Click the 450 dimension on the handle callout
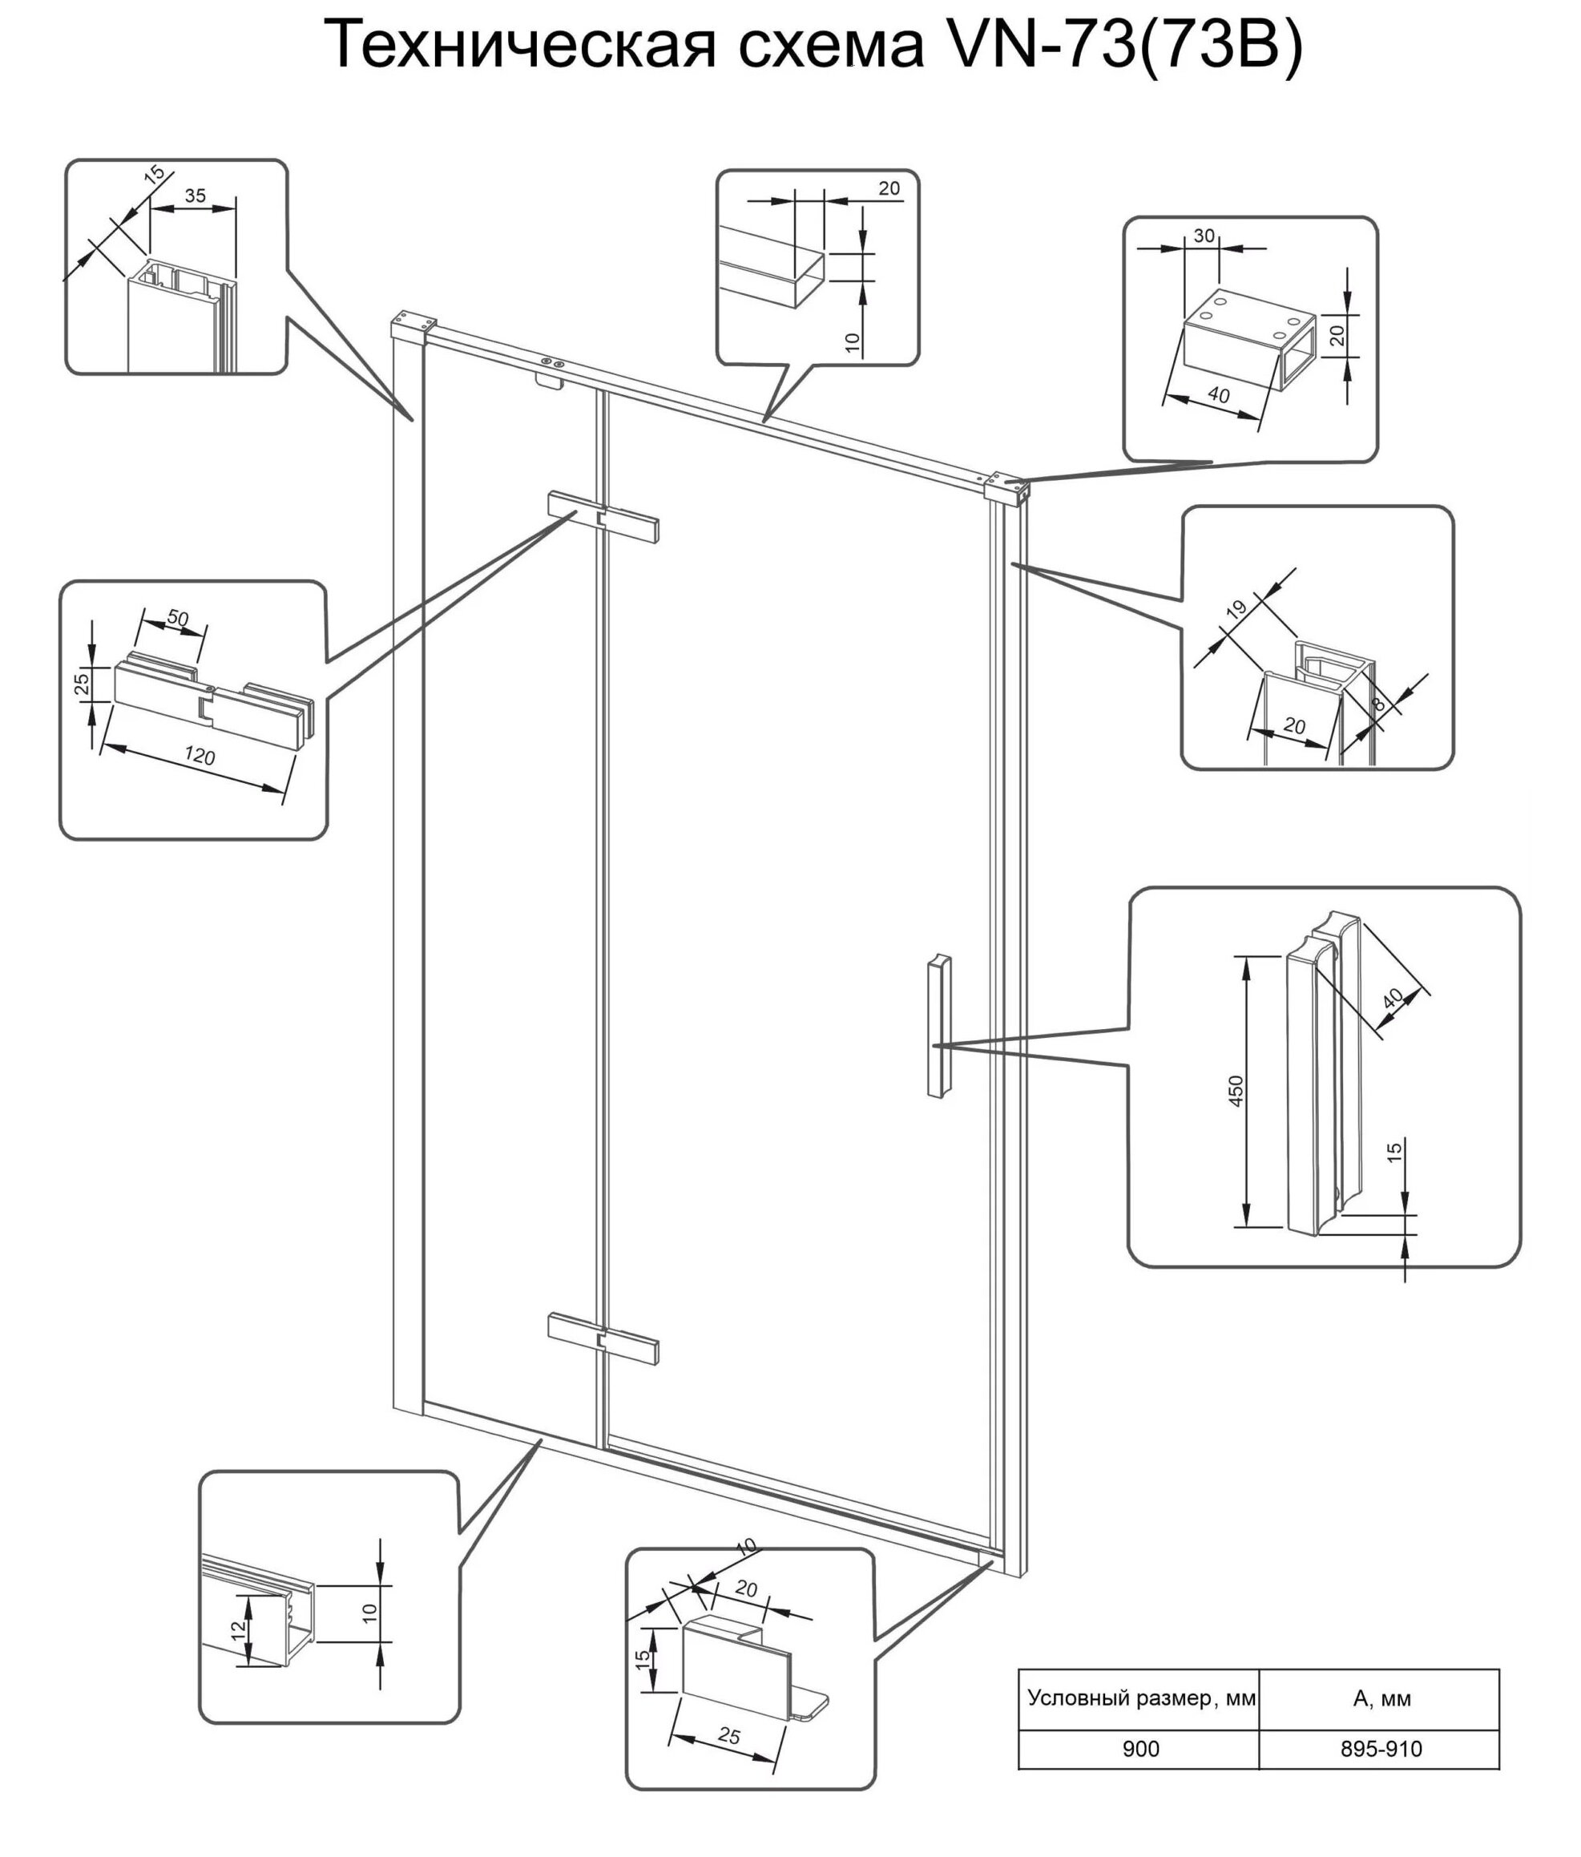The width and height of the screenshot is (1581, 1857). [1236, 1091]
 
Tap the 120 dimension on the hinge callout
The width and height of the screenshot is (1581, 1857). [199, 757]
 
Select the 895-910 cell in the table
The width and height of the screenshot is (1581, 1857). [1380, 1748]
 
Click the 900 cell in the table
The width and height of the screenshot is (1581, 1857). [1140, 1748]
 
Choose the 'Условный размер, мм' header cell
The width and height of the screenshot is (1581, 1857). [1141, 1698]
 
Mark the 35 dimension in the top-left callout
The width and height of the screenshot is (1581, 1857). [195, 196]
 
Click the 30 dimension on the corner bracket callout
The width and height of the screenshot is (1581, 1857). [1204, 236]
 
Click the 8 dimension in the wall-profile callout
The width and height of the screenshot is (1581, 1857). [1378, 704]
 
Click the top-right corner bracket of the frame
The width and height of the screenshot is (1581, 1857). [1007, 487]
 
